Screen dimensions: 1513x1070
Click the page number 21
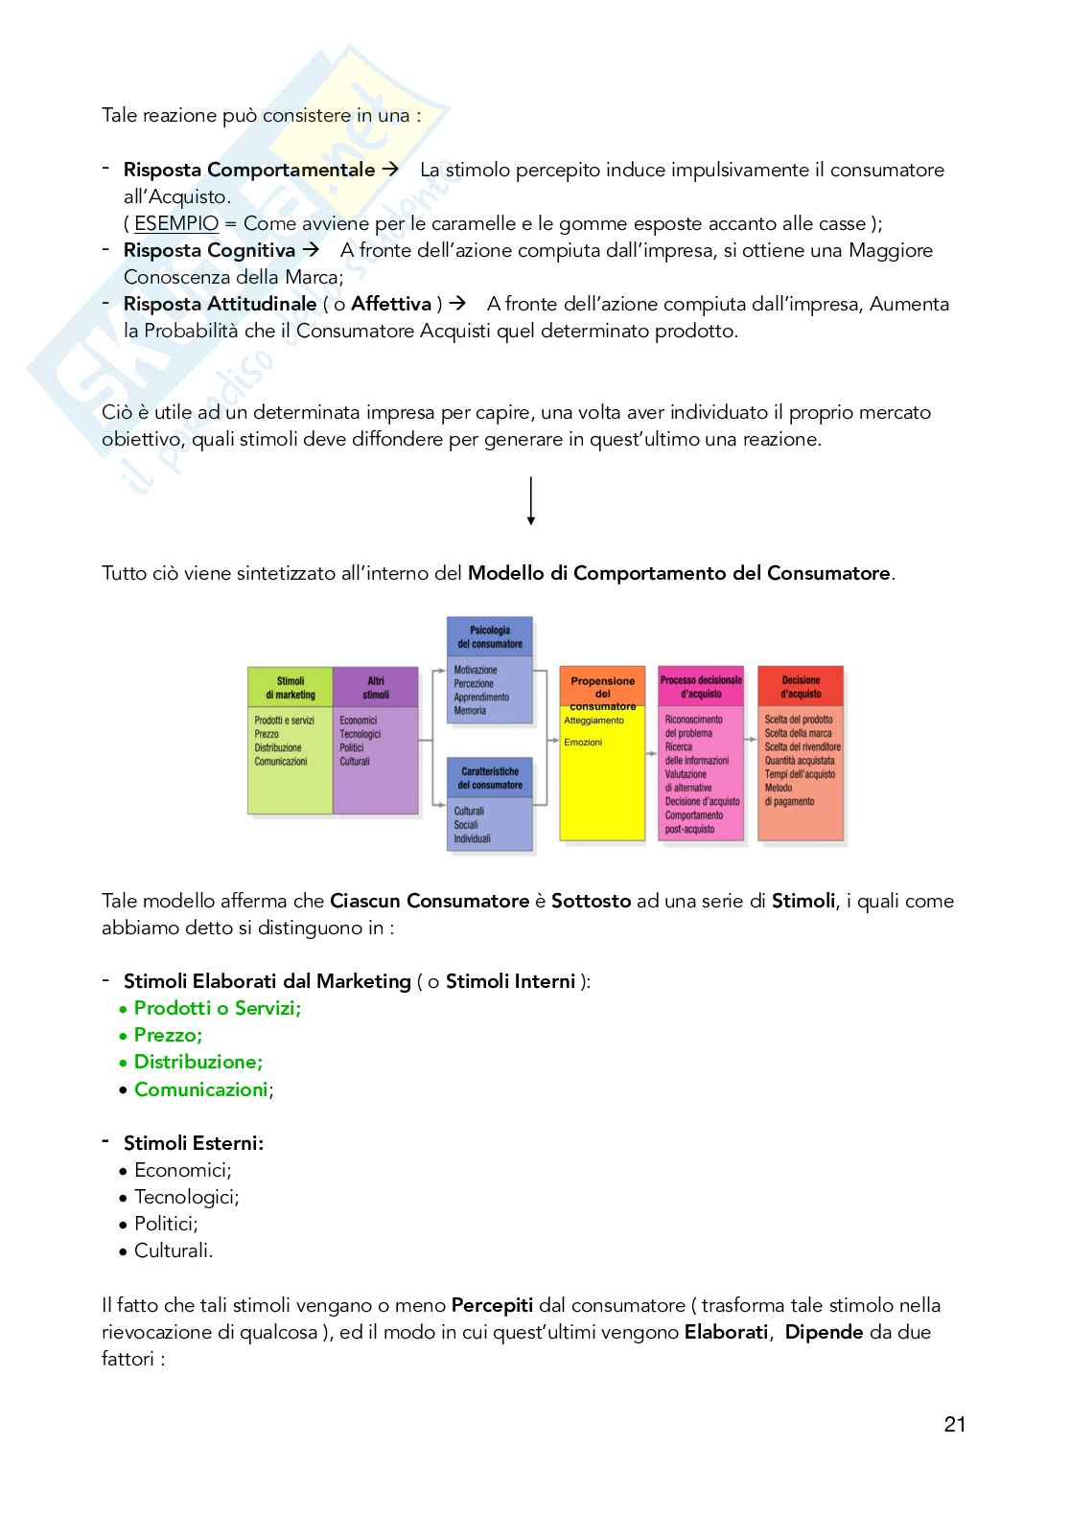click(954, 1424)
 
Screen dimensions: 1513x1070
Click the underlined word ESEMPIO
click(176, 223)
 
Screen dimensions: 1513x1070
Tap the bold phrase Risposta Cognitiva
click(209, 250)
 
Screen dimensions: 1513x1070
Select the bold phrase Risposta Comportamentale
click(249, 170)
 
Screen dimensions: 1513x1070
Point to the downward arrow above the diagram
click(530, 501)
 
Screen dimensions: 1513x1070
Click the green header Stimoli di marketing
click(290, 687)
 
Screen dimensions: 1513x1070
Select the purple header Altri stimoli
click(376, 687)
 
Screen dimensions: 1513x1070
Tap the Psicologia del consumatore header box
click(490, 637)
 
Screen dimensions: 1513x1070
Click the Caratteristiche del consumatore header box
click(490, 777)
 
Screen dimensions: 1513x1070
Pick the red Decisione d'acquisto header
click(801, 686)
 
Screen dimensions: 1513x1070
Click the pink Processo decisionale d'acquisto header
click(701, 686)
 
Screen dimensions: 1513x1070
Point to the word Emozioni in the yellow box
click(583, 742)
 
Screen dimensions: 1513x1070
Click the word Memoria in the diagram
click(470, 711)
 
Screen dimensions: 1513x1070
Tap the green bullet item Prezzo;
click(168, 1035)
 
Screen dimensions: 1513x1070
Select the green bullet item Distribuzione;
click(198, 1062)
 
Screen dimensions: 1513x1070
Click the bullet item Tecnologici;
click(186, 1197)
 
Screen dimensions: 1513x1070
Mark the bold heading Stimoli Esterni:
click(193, 1143)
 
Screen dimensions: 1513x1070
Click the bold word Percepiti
click(492, 1305)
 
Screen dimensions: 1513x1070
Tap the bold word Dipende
click(824, 1332)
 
